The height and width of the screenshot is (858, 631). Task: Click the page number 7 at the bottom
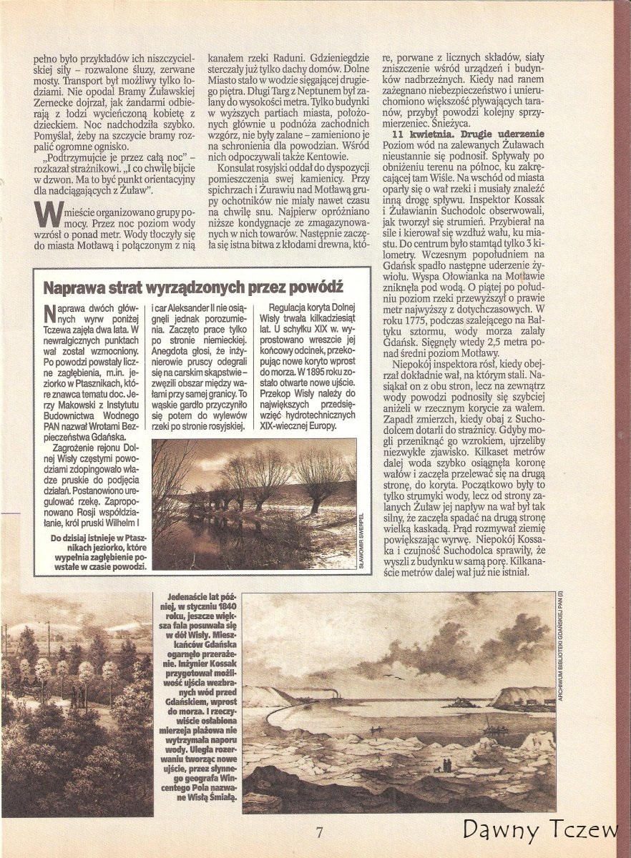click(320, 832)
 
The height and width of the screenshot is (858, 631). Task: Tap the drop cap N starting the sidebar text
click(49, 314)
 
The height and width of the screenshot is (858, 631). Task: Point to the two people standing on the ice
click(445, 766)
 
